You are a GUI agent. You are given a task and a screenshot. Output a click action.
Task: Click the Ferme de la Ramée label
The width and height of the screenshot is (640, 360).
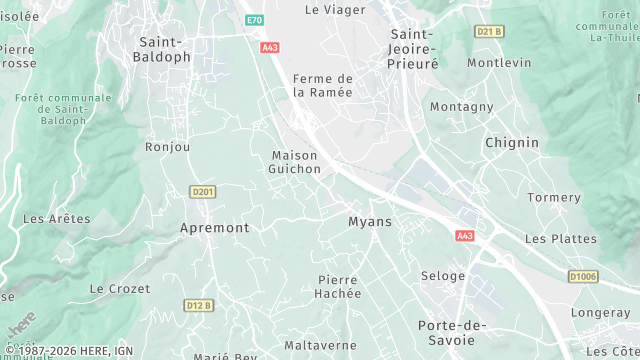322,85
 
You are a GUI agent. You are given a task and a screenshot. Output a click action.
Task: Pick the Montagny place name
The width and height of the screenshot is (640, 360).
461,107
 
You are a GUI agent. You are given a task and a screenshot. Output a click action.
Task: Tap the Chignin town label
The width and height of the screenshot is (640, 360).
511,143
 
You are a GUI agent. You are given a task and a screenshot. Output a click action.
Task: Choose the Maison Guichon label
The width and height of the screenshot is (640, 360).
295,162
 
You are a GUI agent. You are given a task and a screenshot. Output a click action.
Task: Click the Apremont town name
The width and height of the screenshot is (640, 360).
214,228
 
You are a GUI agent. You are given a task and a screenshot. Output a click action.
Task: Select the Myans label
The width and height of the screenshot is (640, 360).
369,221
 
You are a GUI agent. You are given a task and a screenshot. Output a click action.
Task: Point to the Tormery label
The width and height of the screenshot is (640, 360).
553,197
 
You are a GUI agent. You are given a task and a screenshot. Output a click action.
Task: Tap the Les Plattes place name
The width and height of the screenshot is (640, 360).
560,239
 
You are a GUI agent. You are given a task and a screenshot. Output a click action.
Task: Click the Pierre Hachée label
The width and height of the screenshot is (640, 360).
338,286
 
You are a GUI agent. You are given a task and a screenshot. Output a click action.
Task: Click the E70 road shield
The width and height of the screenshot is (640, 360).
255,19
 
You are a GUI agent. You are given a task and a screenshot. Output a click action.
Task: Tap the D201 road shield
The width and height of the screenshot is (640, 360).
203,191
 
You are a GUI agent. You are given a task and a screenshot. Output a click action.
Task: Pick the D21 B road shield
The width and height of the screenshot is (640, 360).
489,31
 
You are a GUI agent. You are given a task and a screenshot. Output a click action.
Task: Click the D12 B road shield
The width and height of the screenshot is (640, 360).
199,305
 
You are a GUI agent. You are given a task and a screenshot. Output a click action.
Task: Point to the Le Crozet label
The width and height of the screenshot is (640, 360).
120,289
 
